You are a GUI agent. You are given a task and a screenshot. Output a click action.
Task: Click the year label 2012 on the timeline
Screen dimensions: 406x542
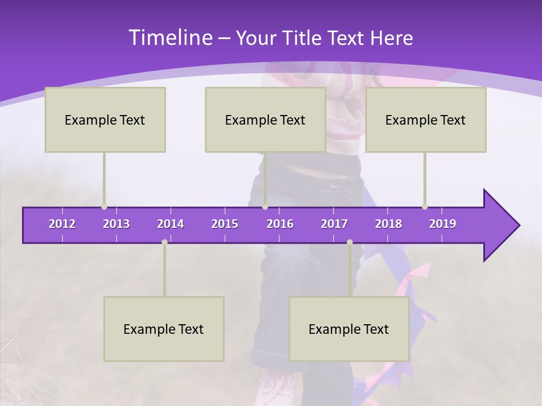62,224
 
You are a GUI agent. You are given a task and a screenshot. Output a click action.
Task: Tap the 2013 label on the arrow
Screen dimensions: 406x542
116,224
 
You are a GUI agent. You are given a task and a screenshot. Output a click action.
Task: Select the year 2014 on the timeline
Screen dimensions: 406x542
171,224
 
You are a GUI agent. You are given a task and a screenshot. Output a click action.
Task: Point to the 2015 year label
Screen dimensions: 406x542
225,224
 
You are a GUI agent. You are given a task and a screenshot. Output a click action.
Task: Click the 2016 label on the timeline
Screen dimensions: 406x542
280,224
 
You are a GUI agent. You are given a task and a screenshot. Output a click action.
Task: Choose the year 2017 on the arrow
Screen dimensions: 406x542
334,224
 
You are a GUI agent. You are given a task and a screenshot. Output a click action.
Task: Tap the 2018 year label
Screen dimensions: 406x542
388,224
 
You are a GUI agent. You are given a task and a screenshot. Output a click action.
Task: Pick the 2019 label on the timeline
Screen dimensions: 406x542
443,224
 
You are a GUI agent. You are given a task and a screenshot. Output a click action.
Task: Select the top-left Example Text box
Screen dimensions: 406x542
105,120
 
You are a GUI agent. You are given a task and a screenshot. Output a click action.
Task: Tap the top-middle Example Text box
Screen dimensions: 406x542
265,120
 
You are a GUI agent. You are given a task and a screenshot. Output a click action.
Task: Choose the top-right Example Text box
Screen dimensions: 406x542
426,120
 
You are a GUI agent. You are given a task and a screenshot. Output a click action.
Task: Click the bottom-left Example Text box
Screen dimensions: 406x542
164,329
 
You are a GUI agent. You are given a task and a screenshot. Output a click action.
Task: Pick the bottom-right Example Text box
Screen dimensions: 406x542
349,329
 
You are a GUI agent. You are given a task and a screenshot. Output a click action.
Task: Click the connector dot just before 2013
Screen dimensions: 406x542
104,207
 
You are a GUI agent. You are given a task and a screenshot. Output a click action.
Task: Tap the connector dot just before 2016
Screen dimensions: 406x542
265,207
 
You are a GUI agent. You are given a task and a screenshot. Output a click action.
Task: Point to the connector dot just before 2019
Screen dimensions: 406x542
425,207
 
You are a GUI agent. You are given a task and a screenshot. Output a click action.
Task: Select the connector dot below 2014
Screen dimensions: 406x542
164,242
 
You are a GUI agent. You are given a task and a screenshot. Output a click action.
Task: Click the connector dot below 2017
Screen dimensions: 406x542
349,242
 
